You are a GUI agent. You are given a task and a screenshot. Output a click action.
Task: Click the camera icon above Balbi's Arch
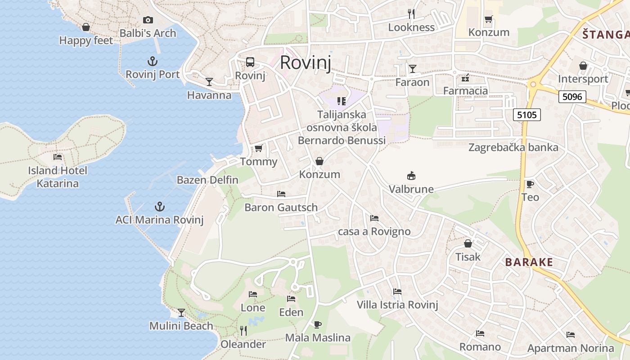click(148, 20)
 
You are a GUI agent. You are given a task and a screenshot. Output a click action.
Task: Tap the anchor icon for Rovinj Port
click(153, 61)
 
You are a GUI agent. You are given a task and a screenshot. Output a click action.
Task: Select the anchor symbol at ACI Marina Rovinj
click(159, 207)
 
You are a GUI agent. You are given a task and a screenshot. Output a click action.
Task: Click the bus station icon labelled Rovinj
click(250, 62)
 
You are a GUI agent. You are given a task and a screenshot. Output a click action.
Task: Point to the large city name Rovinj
click(306, 63)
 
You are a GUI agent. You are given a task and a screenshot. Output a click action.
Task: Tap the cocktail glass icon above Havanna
click(209, 81)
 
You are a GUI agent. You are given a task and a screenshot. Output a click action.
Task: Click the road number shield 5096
click(572, 97)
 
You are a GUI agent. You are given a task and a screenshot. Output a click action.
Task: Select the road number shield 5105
click(527, 115)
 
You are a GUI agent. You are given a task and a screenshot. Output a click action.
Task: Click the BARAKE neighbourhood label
click(529, 262)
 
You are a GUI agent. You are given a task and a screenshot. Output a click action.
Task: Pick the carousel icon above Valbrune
click(411, 175)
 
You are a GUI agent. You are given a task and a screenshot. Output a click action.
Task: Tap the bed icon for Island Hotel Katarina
click(58, 157)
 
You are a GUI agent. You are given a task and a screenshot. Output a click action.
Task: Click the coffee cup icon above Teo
click(530, 184)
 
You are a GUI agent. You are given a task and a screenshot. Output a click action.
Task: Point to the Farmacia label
click(465, 91)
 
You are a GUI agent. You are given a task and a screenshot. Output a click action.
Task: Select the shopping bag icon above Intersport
click(583, 66)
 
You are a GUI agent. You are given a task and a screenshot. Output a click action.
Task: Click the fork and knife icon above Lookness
click(411, 13)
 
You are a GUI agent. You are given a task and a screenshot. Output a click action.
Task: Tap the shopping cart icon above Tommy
click(258, 148)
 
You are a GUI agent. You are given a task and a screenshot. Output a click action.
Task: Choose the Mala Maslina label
click(318, 337)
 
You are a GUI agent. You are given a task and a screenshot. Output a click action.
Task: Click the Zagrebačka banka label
click(513, 148)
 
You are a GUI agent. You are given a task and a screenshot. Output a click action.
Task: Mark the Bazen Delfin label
click(207, 180)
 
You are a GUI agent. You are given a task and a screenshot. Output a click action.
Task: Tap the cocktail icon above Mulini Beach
click(181, 312)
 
